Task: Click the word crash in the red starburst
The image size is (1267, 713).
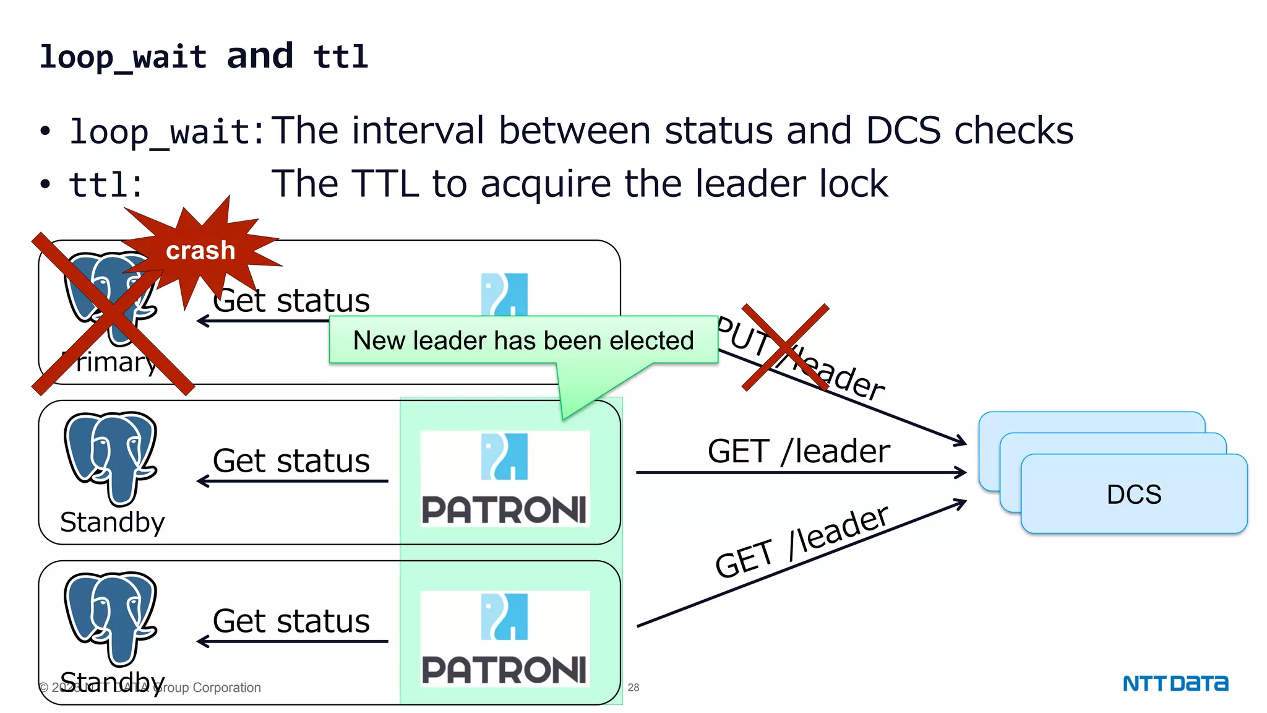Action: pos(200,251)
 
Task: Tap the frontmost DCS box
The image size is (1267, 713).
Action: pos(1133,494)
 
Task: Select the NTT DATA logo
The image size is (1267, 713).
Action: pos(1175,683)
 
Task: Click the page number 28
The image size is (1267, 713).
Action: pos(633,687)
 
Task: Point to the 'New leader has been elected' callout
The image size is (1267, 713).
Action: pos(523,340)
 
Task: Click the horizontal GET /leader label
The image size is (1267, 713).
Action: pos(798,451)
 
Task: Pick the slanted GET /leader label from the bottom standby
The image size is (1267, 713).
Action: pos(802,542)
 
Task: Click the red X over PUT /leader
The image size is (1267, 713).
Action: pos(785,347)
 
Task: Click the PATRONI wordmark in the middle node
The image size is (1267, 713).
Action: pos(504,510)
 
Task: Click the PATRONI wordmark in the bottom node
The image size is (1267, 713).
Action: pos(504,670)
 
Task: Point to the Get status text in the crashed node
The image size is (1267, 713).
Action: pos(291,301)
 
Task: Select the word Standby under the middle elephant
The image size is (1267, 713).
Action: pos(113,522)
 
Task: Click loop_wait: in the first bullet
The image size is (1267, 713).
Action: pos(167,132)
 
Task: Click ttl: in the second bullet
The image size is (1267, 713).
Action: pos(106,185)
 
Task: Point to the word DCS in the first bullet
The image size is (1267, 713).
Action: pos(903,131)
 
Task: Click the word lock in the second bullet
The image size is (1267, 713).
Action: pos(853,184)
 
